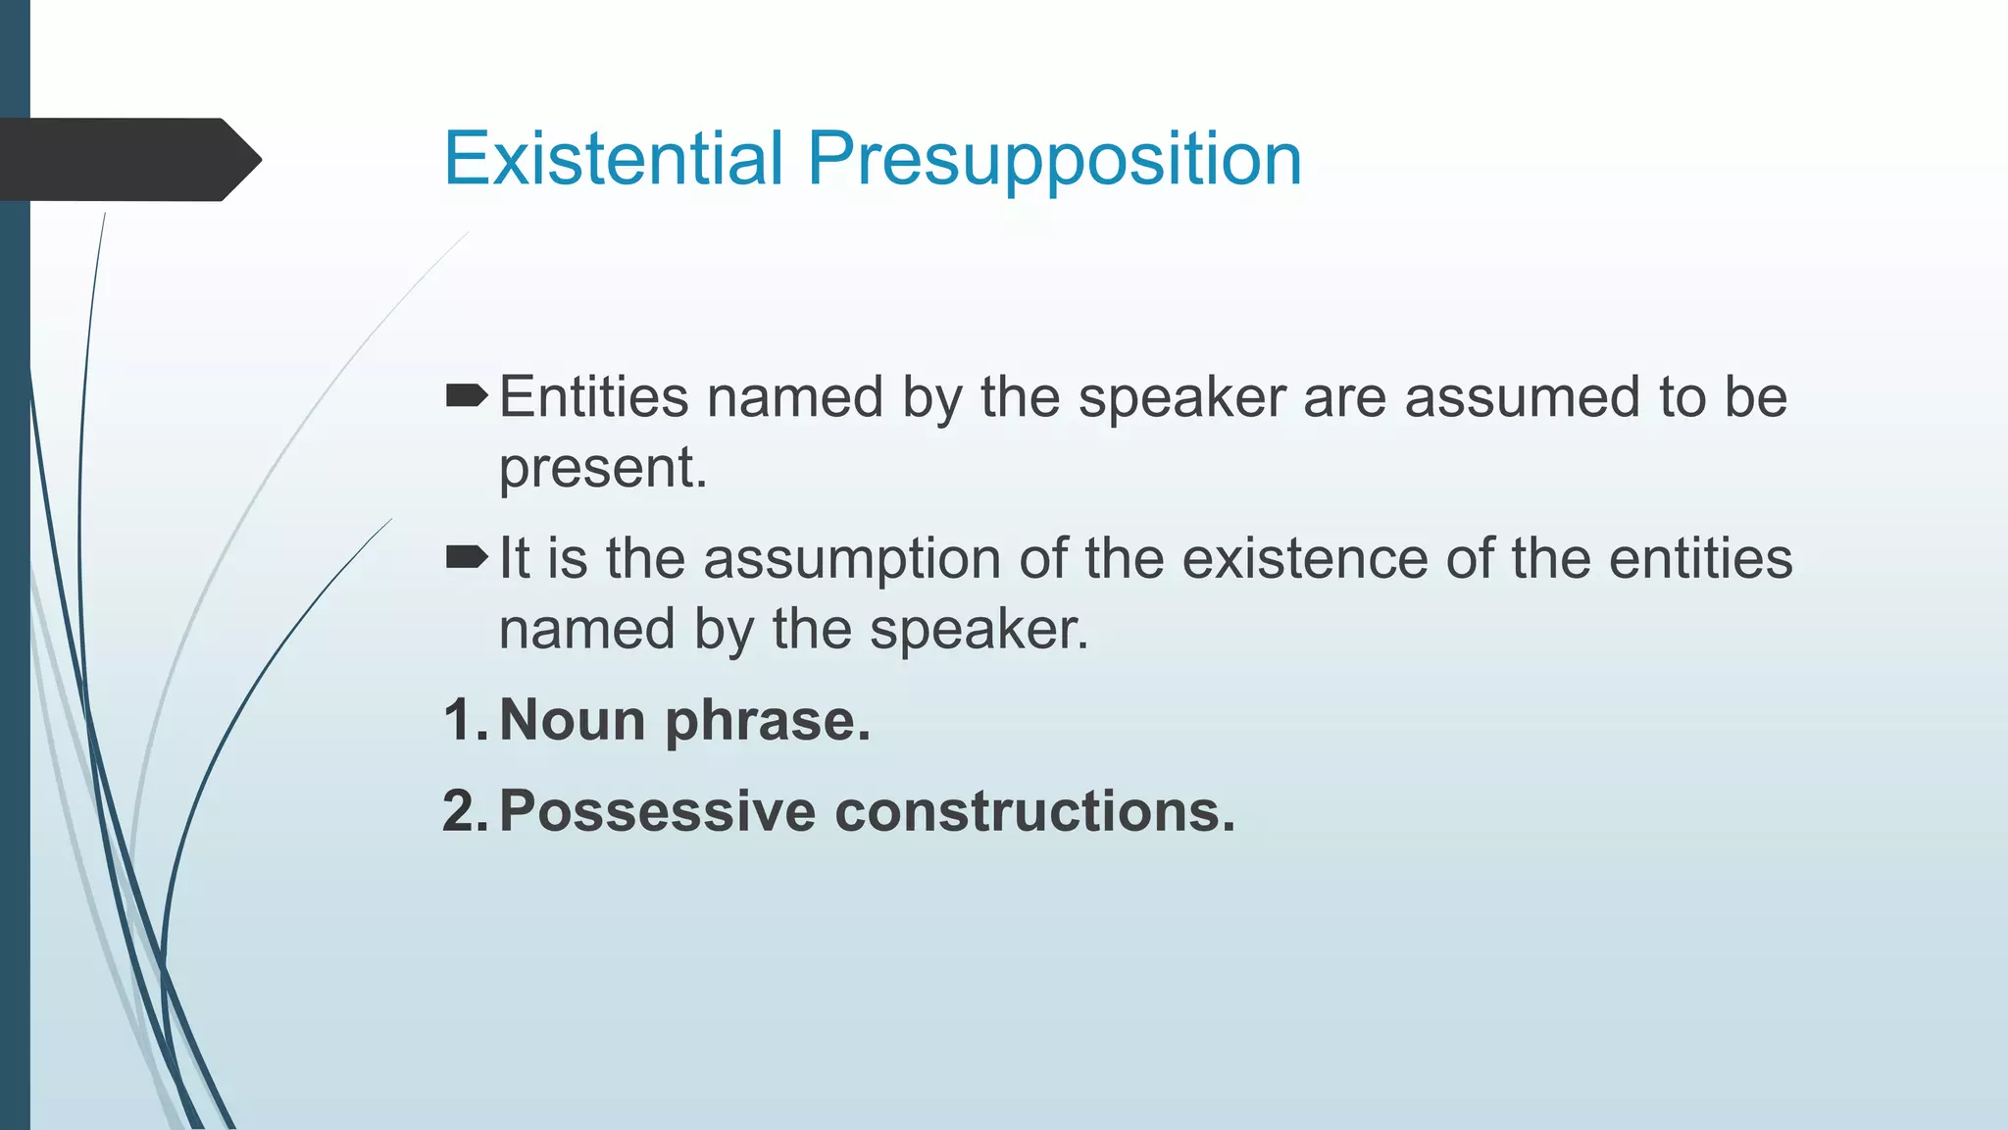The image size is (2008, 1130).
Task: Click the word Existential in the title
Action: [613, 159]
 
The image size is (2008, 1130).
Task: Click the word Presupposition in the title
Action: [1054, 159]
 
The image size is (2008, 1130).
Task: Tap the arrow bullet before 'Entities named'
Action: [466, 396]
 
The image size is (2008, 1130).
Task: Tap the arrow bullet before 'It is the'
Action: [466, 558]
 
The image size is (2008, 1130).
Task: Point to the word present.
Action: [602, 468]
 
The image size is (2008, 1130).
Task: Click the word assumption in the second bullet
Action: [851, 559]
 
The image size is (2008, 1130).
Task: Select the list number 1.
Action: [461, 720]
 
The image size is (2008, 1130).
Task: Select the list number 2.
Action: [461, 811]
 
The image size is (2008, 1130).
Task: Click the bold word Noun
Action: [573, 720]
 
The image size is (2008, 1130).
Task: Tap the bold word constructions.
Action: [1034, 811]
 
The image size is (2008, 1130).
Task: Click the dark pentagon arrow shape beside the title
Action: [127, 159]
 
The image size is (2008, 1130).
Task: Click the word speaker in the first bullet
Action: [1181, 397]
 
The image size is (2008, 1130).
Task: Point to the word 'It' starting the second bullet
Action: [515, 559]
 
